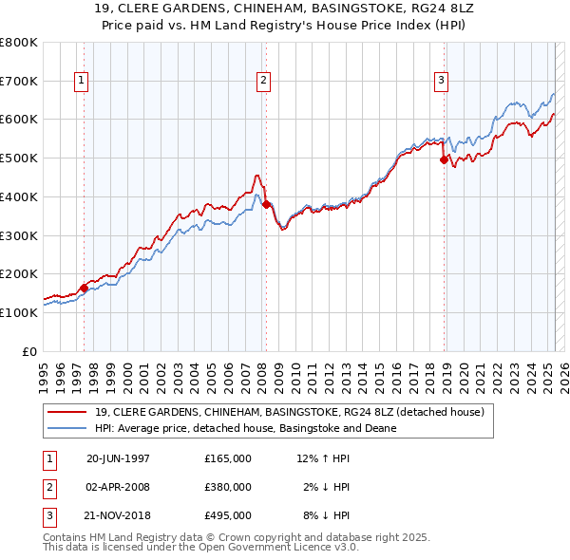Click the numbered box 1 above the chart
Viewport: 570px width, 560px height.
tap(83, 82)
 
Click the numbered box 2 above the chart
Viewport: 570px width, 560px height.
tap(262, 82)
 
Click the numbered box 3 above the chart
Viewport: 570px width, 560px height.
tap(442, 82)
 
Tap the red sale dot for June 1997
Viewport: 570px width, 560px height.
tap(84, 288)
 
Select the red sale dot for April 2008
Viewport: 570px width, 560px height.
tap(266, 204)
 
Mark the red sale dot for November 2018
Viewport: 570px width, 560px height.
tap(444, 160)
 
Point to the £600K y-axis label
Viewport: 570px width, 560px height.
tap(19, 120)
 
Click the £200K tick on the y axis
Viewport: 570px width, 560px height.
tap(19, 273)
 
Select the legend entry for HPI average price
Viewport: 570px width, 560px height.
tap(245, 428)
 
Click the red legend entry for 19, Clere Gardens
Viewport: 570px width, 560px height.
tap(290, 412)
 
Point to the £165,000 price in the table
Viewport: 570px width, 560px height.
tap(228, 457)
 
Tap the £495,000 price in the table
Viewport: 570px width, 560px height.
tap(228, 516)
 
